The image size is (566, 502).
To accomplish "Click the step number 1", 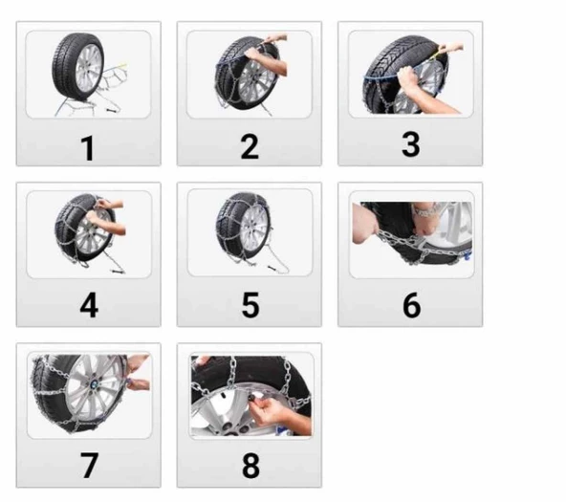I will [88, 148].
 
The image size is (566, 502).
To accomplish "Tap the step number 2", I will [250, 147].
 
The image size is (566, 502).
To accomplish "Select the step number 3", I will [410, 144].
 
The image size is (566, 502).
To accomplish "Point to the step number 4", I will [89, 306].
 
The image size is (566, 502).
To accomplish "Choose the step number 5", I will [250, 306].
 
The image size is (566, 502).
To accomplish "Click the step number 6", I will [411, 305].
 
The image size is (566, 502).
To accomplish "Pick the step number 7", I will [89, 466].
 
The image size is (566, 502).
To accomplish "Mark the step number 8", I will [250, 467].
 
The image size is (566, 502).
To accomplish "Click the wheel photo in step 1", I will [88, 74].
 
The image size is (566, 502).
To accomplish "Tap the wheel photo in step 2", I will [250, 74].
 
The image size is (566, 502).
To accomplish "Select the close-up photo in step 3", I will [410, 74].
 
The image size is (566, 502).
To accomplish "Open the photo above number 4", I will [89, 234].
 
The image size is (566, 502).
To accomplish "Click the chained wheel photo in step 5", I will [250, 234].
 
